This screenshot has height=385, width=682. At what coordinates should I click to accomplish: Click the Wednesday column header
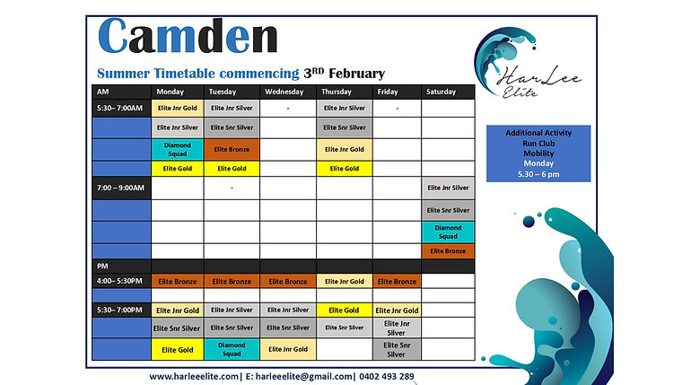287,92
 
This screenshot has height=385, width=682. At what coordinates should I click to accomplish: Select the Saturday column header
441,92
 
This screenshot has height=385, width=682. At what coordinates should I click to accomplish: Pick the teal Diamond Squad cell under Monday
177,149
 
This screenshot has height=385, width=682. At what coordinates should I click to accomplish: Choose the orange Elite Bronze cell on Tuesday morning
232,149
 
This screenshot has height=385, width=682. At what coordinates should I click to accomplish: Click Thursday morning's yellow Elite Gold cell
344,169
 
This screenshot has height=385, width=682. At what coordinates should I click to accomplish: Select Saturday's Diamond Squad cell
448,232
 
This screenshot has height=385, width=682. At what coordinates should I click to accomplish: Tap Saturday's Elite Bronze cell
448,251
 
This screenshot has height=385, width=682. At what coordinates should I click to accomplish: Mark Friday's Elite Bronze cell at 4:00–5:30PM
398,281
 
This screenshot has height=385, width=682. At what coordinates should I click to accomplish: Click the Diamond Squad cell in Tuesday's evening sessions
232,348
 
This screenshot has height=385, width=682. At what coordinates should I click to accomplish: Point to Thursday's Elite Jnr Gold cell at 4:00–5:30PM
344,281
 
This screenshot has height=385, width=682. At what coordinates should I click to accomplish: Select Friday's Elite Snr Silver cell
398,348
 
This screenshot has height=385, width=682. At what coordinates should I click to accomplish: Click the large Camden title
187,38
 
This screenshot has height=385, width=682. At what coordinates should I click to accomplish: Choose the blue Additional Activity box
538,152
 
